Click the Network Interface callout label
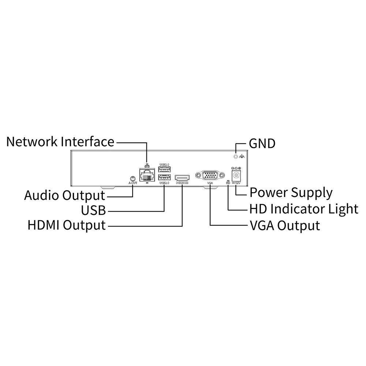60,142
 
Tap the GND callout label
262,143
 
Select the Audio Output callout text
65,195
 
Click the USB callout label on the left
93,210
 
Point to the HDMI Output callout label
67,225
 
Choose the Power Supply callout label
291,193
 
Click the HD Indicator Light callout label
304,209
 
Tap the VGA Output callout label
285,226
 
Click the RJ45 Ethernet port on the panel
147,175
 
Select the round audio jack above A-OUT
133,179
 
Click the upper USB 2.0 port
164,169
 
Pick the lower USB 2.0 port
164,178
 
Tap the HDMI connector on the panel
182,178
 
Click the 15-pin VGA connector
210,175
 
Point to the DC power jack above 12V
236,175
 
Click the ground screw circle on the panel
236,156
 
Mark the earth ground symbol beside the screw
242,156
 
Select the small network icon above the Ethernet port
147,165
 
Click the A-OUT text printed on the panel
133,183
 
